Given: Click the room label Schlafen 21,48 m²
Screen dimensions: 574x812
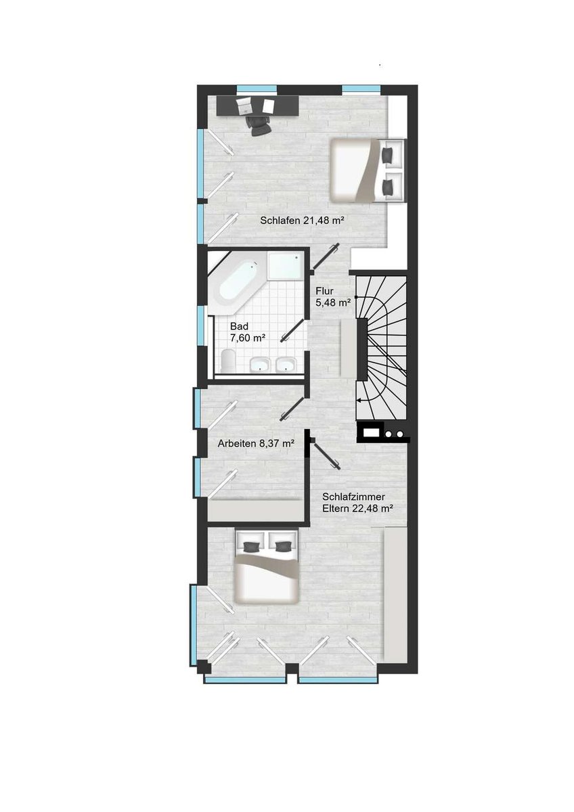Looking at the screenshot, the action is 302,221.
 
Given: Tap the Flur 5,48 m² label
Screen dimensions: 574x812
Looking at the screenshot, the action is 333,297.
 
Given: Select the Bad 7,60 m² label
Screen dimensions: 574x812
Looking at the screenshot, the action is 246,332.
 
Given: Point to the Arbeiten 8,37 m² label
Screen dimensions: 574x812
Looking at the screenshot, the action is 255,443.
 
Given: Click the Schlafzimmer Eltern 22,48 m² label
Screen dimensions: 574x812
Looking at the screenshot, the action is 358,502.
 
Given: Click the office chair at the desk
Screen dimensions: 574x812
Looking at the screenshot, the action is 259,125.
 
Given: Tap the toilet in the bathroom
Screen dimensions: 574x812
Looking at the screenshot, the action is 228,361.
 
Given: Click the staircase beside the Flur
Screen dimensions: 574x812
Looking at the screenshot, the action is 380,347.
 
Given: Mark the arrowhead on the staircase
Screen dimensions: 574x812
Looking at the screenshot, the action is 359,401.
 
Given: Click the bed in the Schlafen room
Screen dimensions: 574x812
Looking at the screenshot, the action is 367,170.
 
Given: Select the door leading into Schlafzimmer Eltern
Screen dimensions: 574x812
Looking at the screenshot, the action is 326,455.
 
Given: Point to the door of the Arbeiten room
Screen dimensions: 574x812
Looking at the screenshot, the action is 292,409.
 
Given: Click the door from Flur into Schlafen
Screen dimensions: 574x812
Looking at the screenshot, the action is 326,256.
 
